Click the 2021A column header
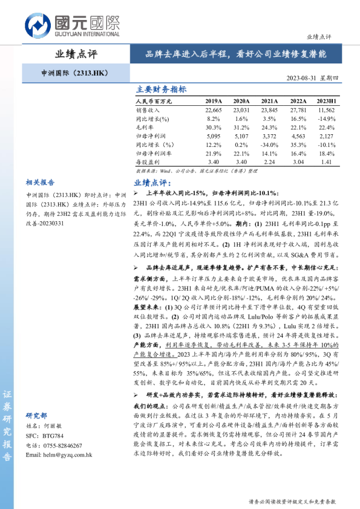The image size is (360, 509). click(x=269, y=101)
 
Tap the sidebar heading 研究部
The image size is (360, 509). click(x=36, y=416)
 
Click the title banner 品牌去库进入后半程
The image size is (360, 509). click(x=236, y=54)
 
